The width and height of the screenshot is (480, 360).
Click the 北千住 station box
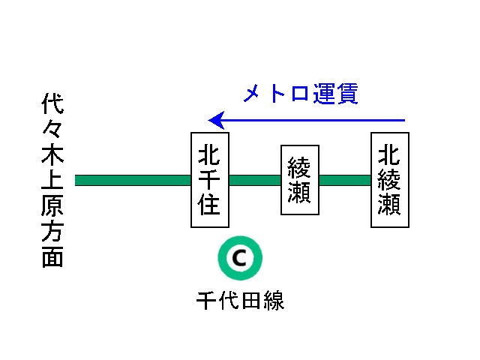[x=209, y=180]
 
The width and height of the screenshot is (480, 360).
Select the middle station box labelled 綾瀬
[x=300, y=180]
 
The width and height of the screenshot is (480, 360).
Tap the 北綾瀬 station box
[x=389, y=180]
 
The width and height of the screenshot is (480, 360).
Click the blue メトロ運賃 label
[x=301, y=94]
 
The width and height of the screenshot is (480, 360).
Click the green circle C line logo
[x=239, y=259]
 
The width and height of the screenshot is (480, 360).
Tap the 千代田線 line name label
[x=240, y=300]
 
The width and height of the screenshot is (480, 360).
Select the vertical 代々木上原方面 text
[x=52, y=180]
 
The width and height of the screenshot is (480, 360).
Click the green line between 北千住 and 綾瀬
[x=255, y=180]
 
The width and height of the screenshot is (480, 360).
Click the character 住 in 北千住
[x=209, y=204]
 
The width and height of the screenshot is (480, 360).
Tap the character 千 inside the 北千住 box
[x=209, y=180]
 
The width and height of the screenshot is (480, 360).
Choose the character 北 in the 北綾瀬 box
[x=389, y=155]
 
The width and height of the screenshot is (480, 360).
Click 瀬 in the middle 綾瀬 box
[x=300, y=193]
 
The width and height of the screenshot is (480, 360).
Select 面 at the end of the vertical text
[x=52, y=256]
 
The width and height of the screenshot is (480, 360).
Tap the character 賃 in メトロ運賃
[x=346, y=94]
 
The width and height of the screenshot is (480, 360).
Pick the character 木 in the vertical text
[x=52, y=156]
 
